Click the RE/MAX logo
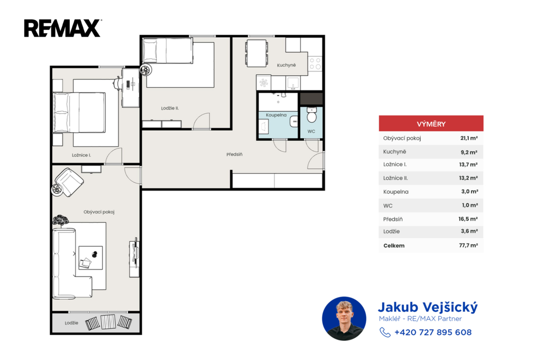(62, 29)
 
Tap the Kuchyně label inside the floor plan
(286, 65)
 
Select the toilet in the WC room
(311, 115)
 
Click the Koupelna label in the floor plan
(276, 115)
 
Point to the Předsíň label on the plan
(234, 154)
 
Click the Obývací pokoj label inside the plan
(99, 212)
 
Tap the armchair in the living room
(69, 182)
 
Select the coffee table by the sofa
(91, 258)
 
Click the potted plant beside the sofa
(60, 220)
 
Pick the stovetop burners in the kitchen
(315, 64)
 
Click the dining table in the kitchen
(257, 53)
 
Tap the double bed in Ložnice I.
(79, 112)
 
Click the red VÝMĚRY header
(431, 123)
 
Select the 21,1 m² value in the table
(469, 138)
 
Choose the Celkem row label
(394, 246)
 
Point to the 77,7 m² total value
(468, 245)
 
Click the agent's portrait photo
(344, 319)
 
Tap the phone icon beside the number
(385, 332)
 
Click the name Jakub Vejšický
(428, 307)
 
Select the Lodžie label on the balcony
(71, 323)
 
